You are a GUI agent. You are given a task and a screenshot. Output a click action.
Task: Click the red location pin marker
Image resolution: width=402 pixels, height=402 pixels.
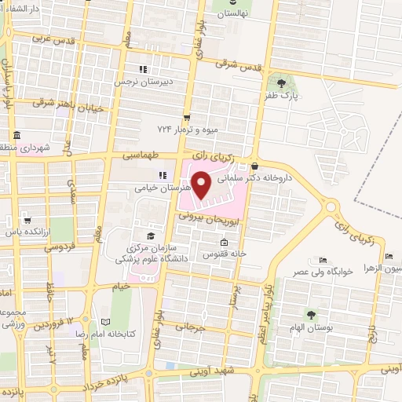201,186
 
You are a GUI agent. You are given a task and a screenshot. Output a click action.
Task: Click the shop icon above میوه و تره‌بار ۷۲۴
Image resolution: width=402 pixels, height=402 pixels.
187,115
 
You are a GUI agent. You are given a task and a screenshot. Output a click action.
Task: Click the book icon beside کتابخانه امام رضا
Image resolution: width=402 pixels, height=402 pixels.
107,321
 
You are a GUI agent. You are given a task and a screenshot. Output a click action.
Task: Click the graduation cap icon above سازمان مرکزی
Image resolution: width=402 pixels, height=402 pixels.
150,236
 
